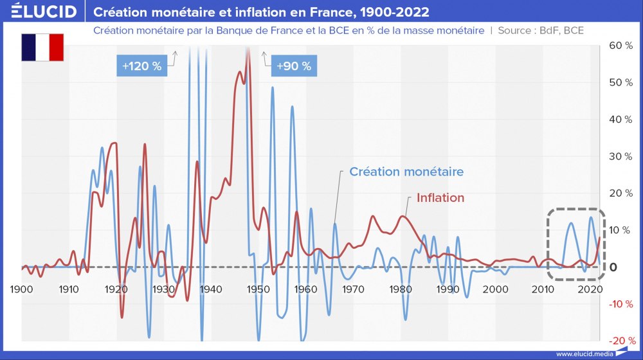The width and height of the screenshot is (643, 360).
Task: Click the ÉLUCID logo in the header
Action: coord(39,12)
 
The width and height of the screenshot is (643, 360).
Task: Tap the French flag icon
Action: coord(42,48)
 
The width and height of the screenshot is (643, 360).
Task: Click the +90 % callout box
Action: coord(293,66)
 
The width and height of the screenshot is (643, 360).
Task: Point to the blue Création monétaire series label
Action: coord(406,172)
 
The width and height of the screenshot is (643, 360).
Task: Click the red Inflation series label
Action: coord(440,197)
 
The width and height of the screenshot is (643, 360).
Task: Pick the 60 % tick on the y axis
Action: coord(621,46)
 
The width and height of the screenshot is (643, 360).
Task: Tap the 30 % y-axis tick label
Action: coord(621,156)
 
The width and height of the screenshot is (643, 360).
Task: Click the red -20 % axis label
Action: coord(621,340)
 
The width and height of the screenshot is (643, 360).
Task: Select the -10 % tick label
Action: coord(621,303)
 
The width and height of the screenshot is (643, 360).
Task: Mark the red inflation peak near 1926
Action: coord(145,144)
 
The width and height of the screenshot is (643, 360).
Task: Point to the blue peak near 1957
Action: coord(292,107)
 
